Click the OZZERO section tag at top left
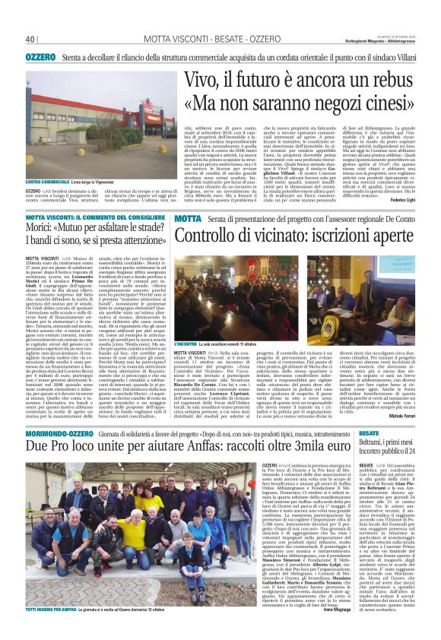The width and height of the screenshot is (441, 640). [x=40, y=57]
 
